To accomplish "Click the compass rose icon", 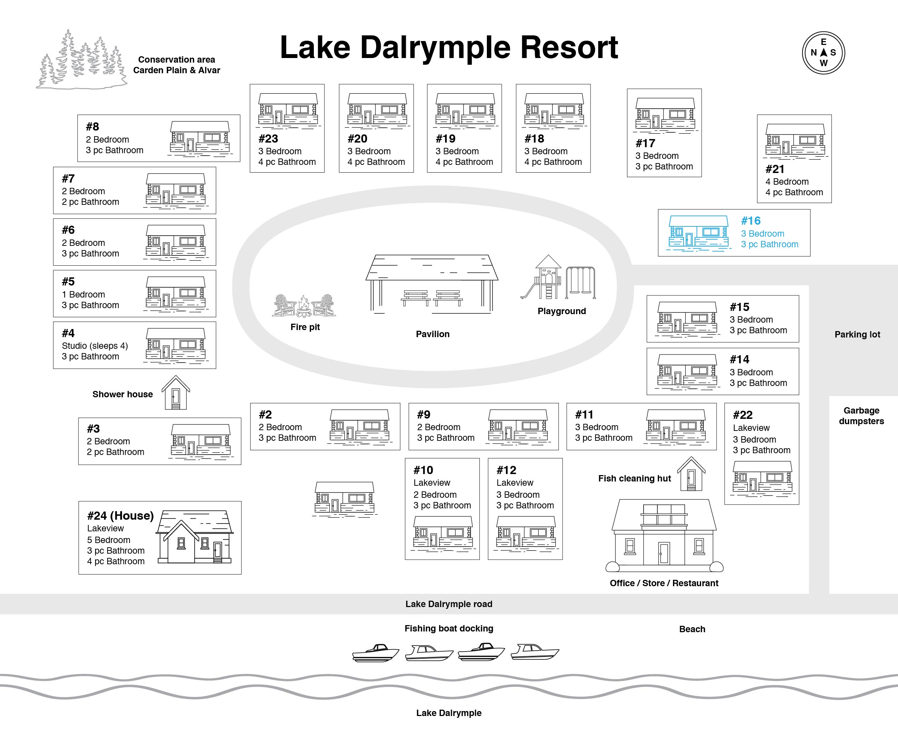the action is click(823, 53).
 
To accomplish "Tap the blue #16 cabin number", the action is click(751, 221).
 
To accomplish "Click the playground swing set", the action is click(581, 282).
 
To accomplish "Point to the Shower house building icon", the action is click(175, 392).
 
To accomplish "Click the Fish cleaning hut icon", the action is click(691, 474).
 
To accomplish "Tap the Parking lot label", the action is click(857, 334).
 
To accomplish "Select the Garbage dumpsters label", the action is click(861, 416).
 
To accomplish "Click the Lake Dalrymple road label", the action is click(449, 604).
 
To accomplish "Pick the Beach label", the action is click(692, 629).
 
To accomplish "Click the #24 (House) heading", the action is click(120, 515).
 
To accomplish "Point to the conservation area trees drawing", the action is click(81, 59).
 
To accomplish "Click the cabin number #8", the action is click(92, 127).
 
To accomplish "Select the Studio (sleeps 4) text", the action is click(95, 346).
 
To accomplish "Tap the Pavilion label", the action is click(433, 334).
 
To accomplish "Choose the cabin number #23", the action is click(268, 139).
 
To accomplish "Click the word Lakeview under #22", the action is click(751, 428).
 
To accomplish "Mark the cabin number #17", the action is click(645, 144).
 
